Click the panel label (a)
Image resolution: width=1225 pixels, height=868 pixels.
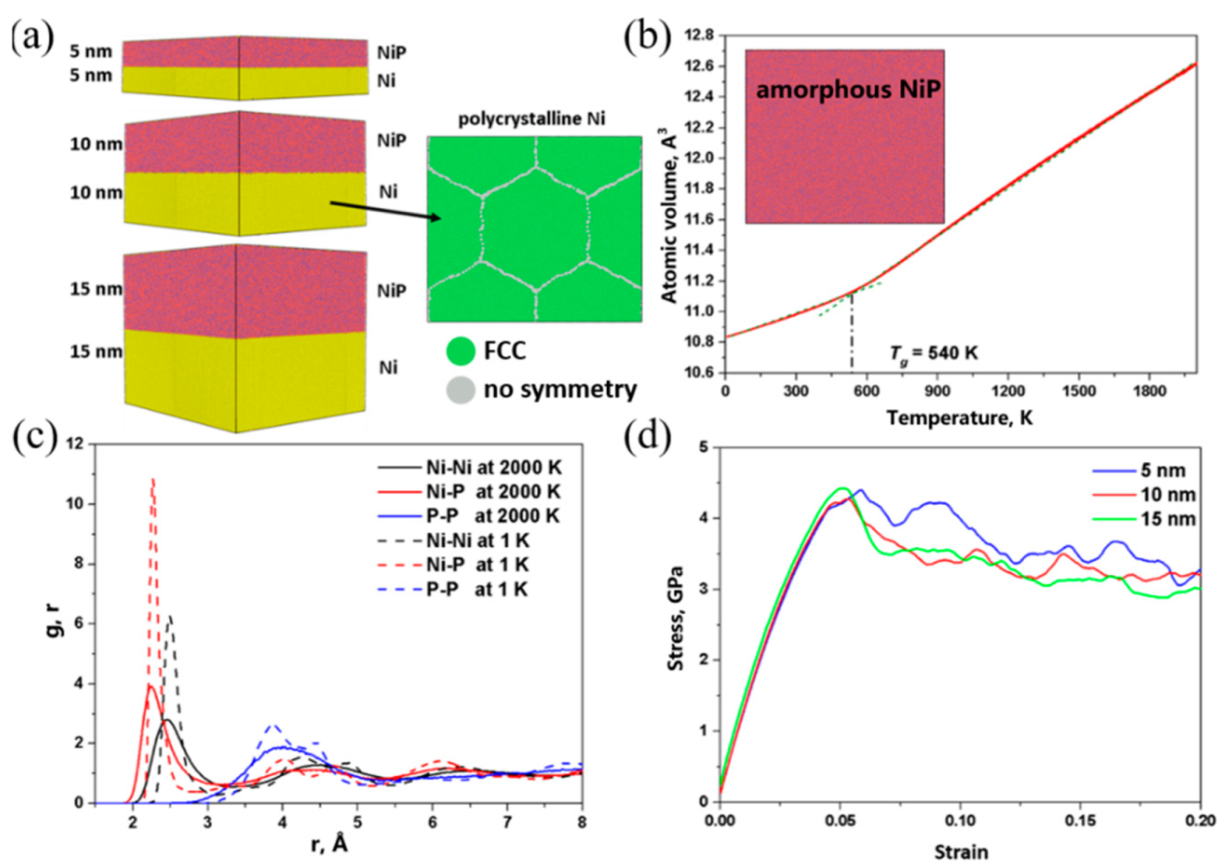tap(33, 36)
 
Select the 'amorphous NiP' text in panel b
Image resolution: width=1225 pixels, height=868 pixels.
tap(848, 90)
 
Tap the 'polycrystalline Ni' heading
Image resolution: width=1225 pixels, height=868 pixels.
tap(531, 118)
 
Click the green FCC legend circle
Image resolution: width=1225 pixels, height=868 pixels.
tap(460, 351)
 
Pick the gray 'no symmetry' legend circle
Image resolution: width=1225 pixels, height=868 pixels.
tap(460, 389)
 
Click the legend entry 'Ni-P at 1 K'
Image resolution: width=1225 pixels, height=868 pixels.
tap(476, 565)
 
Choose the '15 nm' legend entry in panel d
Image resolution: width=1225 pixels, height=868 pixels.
tap(1167, 519)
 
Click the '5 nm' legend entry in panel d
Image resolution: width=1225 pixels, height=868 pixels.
tap(1162, 470)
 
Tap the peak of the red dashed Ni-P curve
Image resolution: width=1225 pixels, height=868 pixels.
tap(153, 480)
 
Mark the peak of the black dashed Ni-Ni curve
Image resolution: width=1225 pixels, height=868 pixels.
tap(169, 617)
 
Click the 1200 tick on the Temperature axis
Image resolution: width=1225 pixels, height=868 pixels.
tap(1007, 391)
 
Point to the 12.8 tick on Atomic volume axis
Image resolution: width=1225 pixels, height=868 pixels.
tap(698, 35)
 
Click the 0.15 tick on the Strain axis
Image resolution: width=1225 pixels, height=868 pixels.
tap(1080, 820)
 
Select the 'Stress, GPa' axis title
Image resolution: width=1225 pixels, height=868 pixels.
tap(676, 617)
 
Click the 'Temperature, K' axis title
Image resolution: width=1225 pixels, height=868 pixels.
tap(959, 417)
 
